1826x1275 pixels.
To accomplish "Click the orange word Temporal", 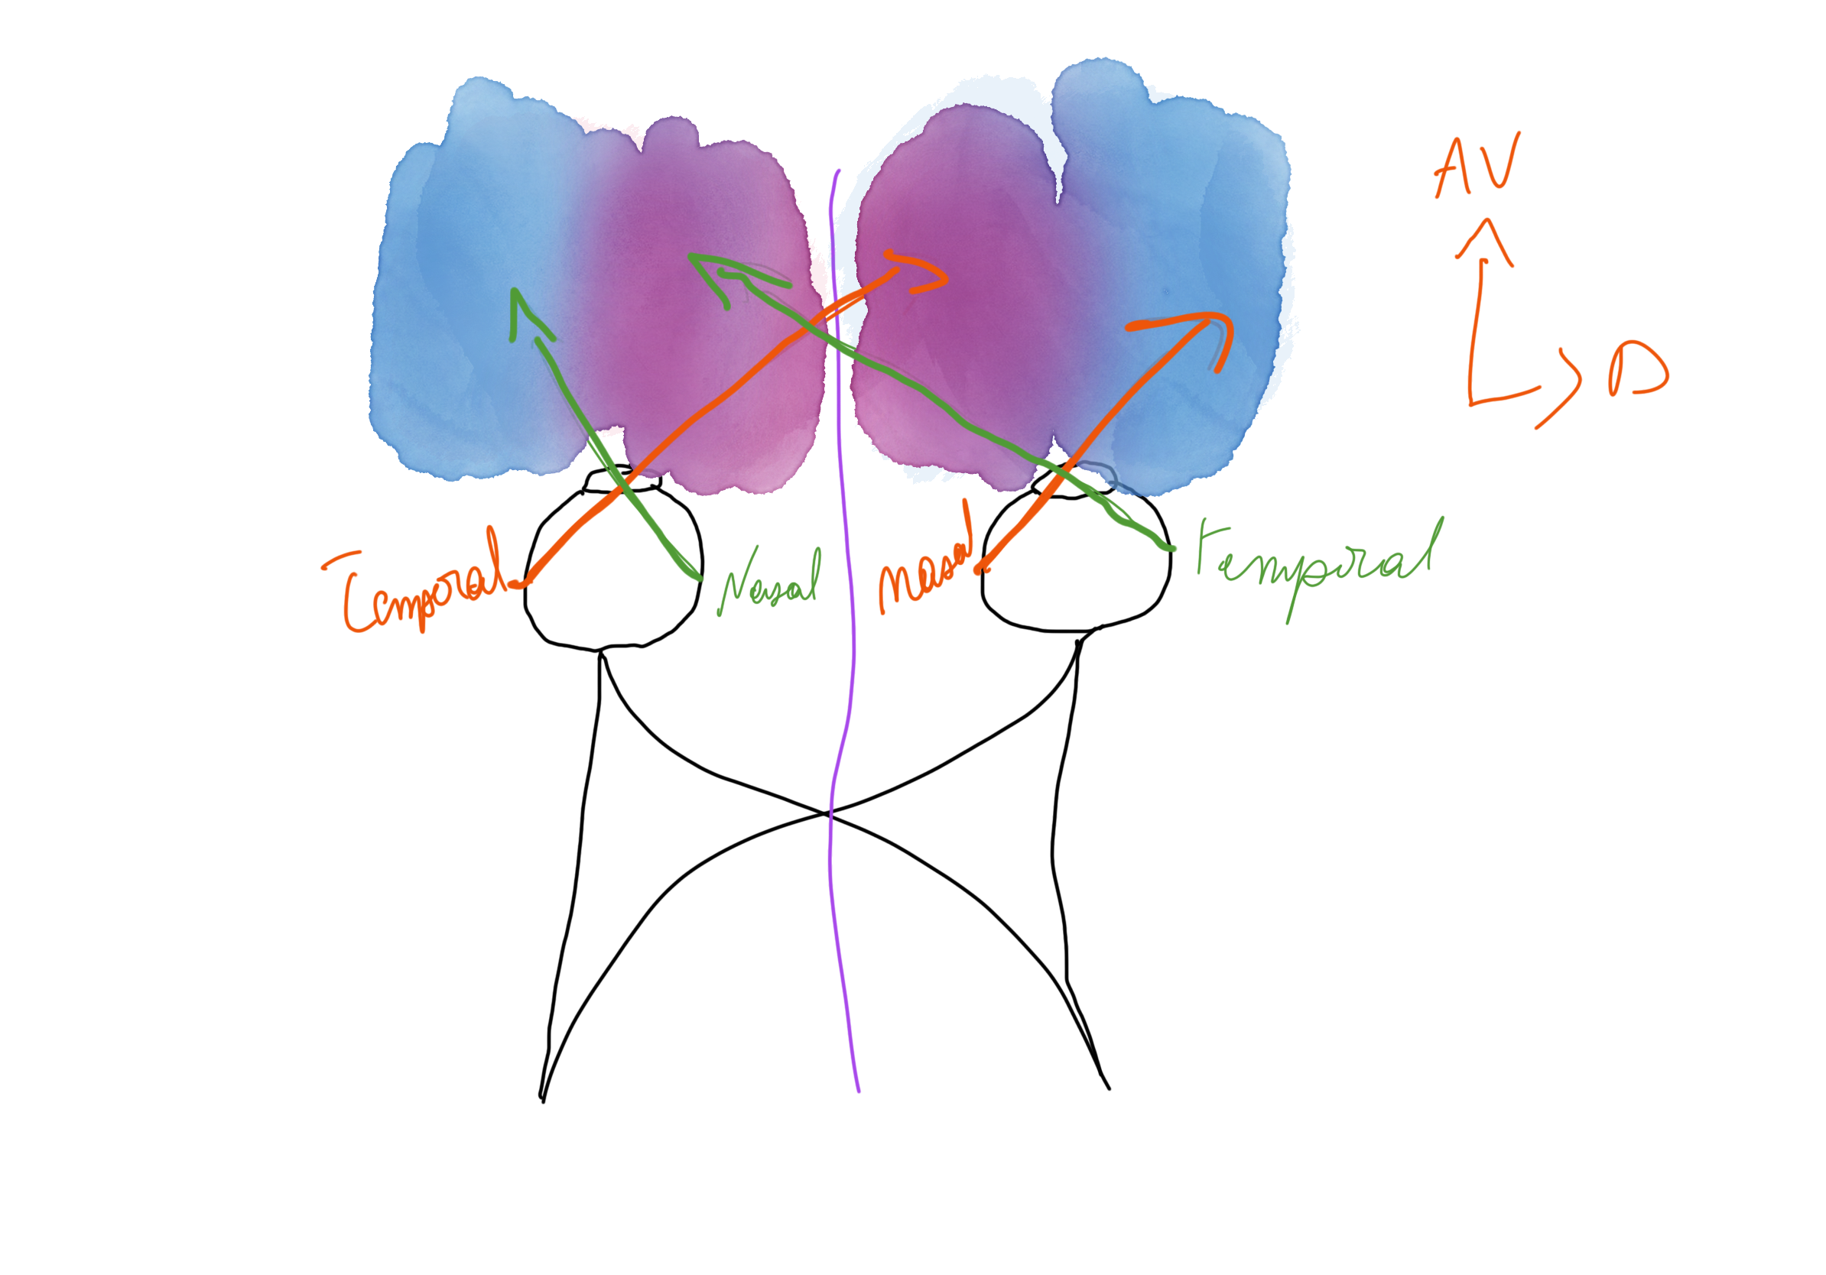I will tap(421, 589).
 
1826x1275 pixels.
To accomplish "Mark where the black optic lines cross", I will tap(829, 813).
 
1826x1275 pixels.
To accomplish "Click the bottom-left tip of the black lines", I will tap(542, 1098).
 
